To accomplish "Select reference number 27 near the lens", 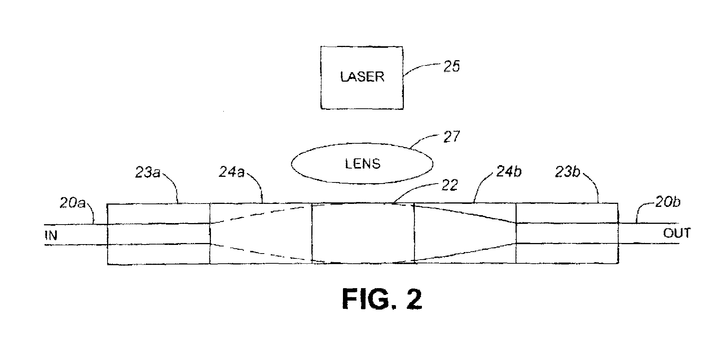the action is pyautogui.click(x=451, y=136).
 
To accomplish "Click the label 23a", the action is pyautogui.click(x=147, y=173).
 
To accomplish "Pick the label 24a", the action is pyautogui.click(x=232, y=172).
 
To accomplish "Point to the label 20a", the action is pyautogui.click(x=72, y=203).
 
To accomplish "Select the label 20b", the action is pyautogui.click(x=667, y=202).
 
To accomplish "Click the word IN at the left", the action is pyautogui.click(x=51, y=235).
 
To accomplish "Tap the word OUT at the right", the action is pyautogui.click(x=677, y=233).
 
